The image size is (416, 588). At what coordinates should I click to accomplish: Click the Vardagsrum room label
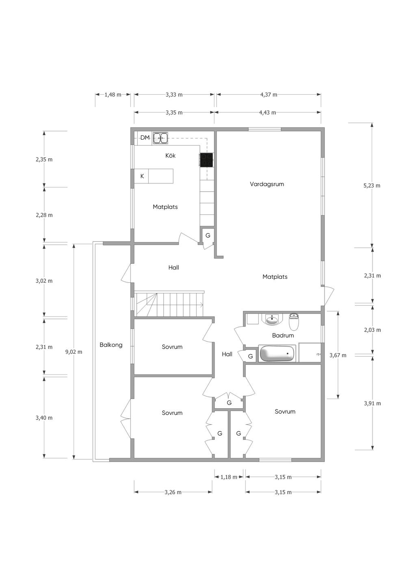(267, 184)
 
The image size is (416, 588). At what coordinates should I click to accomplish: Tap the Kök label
(170, 155)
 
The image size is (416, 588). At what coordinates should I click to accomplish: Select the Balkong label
(111, 345)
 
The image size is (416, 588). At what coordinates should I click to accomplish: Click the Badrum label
(283, 335)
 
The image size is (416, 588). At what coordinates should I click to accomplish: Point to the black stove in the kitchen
(206, 160)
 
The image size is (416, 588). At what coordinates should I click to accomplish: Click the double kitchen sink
(160, 138)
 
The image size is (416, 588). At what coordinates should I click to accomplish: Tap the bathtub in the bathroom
(277, 353)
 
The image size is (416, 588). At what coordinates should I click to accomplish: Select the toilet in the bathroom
(293, 321)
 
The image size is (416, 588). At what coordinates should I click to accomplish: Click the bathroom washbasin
(271, 320)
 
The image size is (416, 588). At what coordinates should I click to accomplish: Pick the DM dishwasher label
(145, 138)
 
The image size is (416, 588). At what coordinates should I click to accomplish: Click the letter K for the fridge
(142, 176)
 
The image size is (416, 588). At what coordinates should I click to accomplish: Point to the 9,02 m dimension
(74, 352)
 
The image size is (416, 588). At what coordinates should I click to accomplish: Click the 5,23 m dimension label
(372, 185)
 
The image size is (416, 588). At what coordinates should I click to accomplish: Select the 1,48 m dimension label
(113, 95)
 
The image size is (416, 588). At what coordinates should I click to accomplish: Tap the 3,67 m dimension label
(338, 355)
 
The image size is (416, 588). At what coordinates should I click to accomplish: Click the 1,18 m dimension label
(229, 477)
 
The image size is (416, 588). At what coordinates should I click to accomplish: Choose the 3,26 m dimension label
(173, 492)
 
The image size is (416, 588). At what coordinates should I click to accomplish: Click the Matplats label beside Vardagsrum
(275, 277)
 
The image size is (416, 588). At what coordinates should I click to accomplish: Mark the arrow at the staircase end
(202, 305)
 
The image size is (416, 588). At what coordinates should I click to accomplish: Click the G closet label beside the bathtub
(250, 356)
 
